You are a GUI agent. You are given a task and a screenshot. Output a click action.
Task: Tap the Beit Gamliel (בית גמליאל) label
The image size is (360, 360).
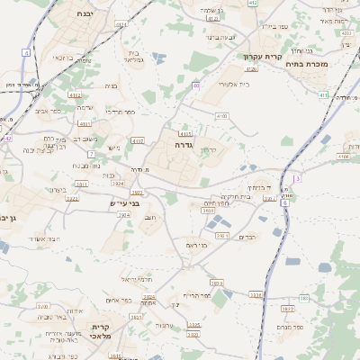(x=135, y=56)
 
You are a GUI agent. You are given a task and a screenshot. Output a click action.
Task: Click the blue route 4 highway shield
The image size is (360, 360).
(x=26, y=53)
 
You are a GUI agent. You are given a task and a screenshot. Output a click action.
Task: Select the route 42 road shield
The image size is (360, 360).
(x=7, y=139)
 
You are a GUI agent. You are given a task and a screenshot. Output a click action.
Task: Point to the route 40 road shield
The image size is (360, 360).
(x=195, y=85)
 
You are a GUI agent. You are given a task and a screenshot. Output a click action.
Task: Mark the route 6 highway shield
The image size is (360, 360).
(x=285, y=203)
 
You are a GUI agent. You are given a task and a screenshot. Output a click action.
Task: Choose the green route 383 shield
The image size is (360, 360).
(x=304, y=298)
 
